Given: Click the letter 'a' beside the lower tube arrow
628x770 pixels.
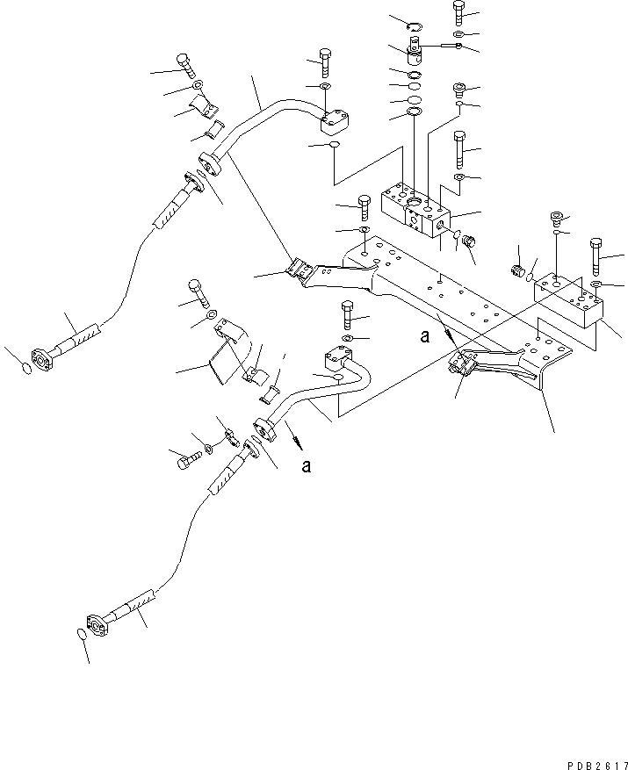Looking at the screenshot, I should (306, 466).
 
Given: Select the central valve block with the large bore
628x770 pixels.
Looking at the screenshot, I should (413, 214).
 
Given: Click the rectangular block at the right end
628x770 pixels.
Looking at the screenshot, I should (571, 299).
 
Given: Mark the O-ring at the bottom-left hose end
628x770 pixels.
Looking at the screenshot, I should (79, 635).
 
